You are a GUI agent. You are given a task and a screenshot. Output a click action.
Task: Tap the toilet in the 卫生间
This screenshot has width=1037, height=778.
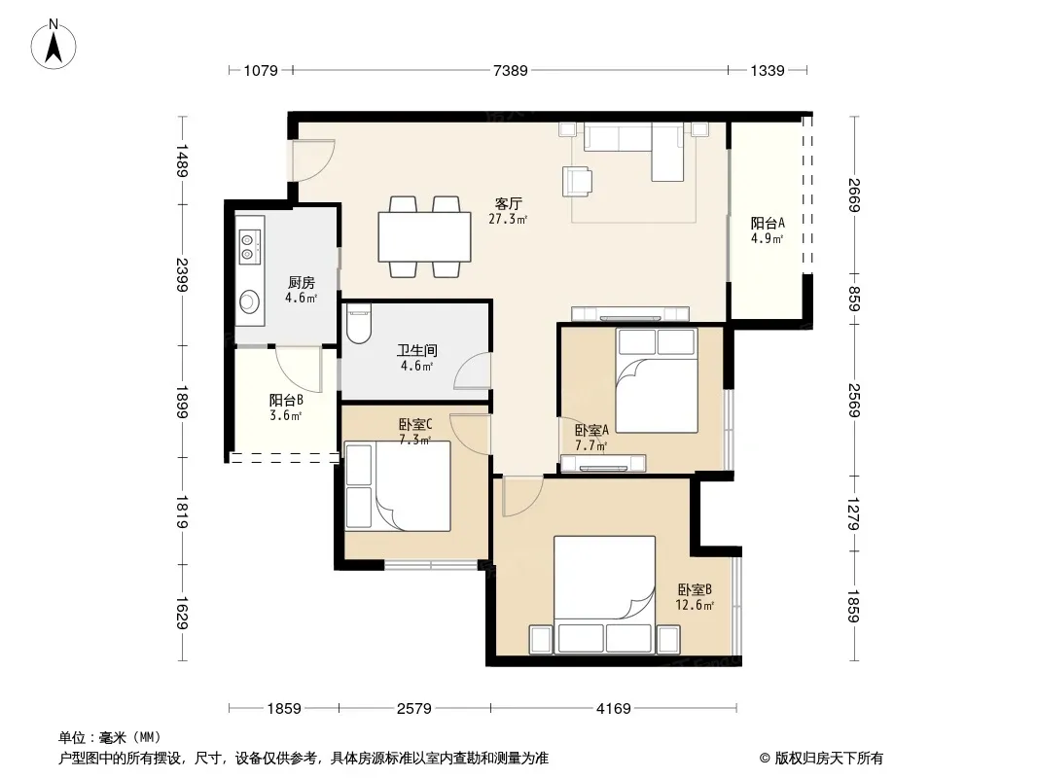[359, 323]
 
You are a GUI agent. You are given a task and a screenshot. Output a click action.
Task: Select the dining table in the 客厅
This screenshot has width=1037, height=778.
[424, 236]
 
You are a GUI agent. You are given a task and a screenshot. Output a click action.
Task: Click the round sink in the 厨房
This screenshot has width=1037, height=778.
[249, 301]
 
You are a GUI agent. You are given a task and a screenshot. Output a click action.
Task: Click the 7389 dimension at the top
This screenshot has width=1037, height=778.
[511, 70]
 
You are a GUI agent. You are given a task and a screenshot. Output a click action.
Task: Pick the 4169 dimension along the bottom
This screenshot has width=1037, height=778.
[613, 709]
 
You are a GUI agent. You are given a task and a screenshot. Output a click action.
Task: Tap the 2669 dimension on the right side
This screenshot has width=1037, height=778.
[853, 195]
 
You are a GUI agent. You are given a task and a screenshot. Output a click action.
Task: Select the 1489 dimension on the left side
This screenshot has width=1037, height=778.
[182, 160]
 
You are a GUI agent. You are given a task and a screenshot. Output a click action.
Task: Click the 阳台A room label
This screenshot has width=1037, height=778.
[768, 224]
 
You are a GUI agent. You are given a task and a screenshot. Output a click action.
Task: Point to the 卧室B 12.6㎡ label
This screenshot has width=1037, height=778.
[695, 597]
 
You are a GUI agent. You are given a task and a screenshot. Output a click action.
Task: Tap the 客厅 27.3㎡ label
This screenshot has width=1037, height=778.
[508, 211]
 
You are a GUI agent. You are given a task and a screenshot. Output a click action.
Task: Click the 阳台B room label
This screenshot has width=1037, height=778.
[286, 400]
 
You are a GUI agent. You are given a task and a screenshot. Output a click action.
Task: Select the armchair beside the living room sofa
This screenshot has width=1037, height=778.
[578, 181]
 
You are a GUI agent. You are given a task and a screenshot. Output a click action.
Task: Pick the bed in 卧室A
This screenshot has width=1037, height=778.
[656, 380]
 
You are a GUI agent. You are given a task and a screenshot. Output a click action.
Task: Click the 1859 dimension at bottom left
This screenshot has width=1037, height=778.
[284, 709]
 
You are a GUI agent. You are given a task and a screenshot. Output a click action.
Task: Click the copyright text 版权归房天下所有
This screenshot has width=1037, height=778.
[829, 759]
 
